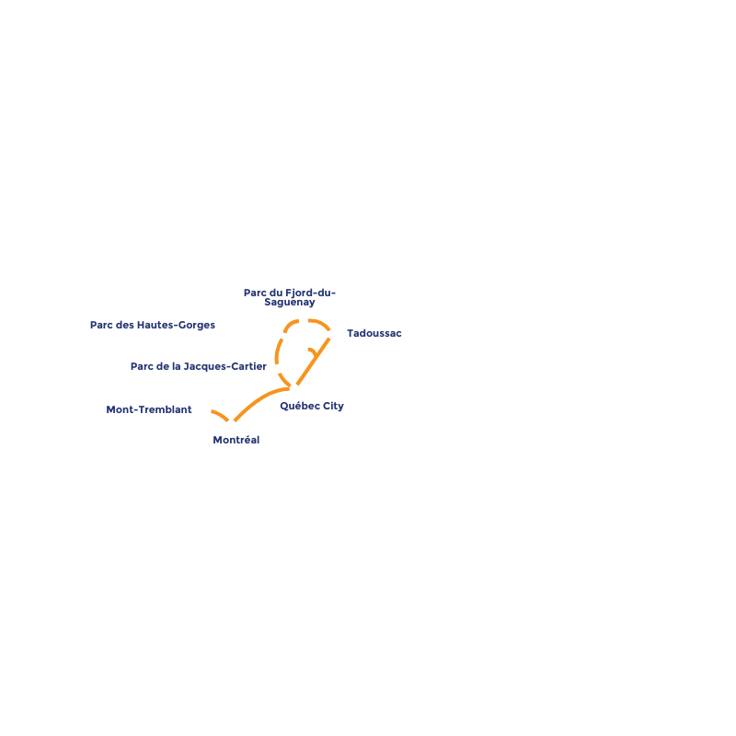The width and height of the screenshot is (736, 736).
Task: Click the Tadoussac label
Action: [x=374, y=333]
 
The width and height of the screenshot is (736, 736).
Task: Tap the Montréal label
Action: [x=236, y=441]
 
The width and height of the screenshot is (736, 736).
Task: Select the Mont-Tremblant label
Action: [x=149, y=409]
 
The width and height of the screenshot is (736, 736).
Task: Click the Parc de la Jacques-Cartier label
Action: [x=198, y=366]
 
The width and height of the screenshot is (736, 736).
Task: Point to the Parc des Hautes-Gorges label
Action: [x=153, y=325]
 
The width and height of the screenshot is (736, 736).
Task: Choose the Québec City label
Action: [x=312, y=406]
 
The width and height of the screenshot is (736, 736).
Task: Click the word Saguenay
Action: [x=289, y=303]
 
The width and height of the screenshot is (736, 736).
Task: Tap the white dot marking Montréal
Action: [x=231, y=424]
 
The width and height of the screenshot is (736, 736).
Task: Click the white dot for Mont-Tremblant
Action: [x=207, y=409]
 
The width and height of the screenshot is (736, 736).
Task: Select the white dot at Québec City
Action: [x=294, y=389]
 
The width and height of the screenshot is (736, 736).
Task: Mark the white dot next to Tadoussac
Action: [x=332, y=334]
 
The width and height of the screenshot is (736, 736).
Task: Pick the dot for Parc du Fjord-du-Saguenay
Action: [x=304, y=321]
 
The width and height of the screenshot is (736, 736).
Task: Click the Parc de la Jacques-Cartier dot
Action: [x=278, y=369]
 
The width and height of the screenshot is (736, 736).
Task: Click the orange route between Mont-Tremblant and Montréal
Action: [x=220, y=415]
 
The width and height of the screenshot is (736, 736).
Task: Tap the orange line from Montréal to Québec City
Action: [x=258, y=399]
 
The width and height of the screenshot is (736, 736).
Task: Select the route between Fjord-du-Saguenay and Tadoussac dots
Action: [x=320, y=322]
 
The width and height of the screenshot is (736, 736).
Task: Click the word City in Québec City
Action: [x=332, y=406]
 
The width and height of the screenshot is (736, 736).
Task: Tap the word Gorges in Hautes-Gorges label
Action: [x=195, y=325]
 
